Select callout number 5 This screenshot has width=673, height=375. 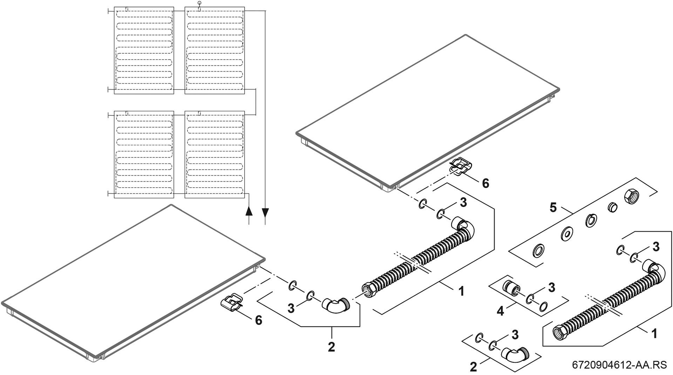(x=553, y=208)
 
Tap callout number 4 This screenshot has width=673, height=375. (x=501, y=310)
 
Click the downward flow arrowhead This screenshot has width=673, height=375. (x=265, y=212)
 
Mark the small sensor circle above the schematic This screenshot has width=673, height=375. (x=199, y=3)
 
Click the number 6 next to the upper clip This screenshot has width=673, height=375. (x=485, y=183)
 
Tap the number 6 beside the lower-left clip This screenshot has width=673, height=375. (x=258, y=320)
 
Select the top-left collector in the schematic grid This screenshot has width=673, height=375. (x=144, y=50)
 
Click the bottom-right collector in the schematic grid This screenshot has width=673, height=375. (x=215, y=155)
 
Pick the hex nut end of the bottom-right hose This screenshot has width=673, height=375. (x=558, y=332)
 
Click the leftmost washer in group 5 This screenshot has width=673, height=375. (x=538, y=250)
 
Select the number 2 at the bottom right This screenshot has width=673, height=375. (x=473, y=367)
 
